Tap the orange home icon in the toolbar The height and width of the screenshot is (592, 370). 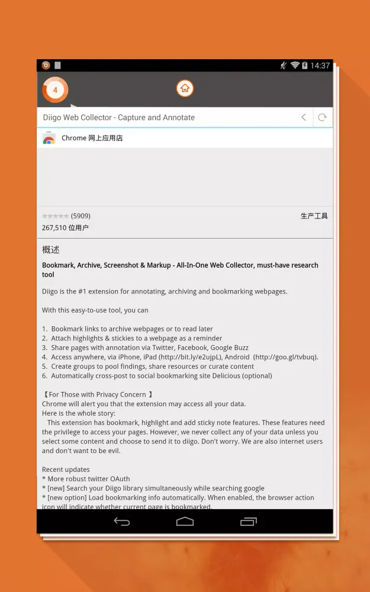(x=185, y=89)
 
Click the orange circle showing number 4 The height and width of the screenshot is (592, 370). (x=55, y=90)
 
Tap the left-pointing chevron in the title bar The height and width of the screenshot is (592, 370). (x=304, y=117)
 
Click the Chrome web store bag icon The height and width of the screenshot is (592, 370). (x=49, y=139)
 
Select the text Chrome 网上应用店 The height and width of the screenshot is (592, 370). (x=92, y=138)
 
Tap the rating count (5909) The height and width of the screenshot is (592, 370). (x=81, y=216)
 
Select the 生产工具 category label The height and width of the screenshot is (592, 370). (x=314, y=216)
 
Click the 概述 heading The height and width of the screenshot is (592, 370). (x=51, y=250)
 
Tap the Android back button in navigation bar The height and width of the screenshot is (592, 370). (x=121, y=522)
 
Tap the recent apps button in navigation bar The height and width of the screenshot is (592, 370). (x=249, y=522)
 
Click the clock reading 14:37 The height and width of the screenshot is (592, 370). (x=320, y=66)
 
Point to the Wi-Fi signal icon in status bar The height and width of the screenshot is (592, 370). (x=295, y=66)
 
